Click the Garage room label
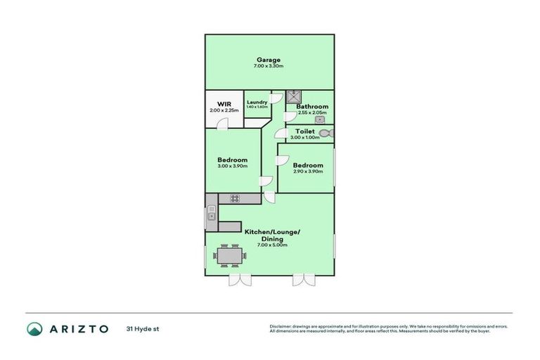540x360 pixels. coord(269,60)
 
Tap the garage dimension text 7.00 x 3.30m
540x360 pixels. coord(269,66)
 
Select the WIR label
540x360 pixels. coord(224,104)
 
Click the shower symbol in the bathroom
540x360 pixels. coord(294,97)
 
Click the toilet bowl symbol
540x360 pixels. coord(325,133)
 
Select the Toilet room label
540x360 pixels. coord(304,131)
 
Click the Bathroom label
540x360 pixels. coord(311,106)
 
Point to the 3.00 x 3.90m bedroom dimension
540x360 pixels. coord(232,167)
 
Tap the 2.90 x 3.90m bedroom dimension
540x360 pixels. coord(307,172)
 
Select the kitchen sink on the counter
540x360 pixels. coord(211,217)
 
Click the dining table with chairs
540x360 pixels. coord(229,255)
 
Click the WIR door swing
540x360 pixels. coord(223,124)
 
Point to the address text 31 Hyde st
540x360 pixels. coord(141,329)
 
